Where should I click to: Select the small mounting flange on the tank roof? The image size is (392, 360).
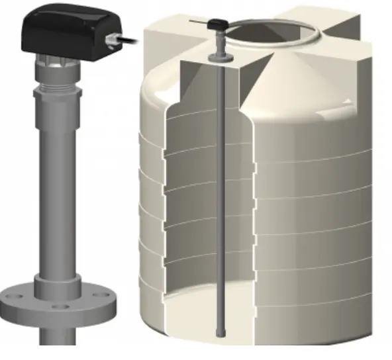click(218, 59)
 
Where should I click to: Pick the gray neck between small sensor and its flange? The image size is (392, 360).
click(218, 43)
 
